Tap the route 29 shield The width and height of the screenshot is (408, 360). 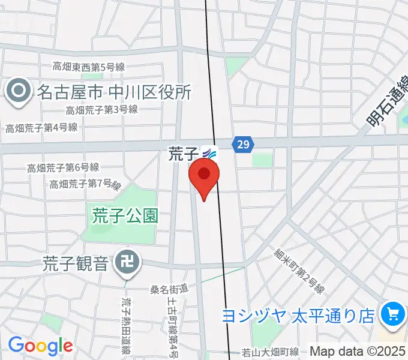243,144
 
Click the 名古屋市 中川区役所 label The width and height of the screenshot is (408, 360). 114,92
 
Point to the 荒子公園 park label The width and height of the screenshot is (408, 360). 125,215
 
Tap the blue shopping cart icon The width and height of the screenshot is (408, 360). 393,313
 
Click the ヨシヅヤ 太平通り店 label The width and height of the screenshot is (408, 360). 298,314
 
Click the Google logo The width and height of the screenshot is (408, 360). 40,346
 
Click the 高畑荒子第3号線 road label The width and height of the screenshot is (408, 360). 102,110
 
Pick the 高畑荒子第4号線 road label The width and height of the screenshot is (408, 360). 41,127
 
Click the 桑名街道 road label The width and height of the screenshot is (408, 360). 169,290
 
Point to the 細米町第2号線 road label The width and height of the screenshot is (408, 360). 300,272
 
